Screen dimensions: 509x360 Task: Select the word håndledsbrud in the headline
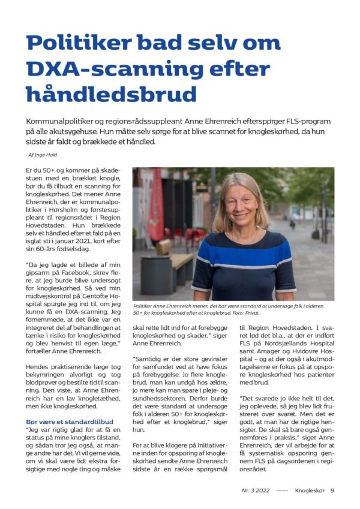[111, 95]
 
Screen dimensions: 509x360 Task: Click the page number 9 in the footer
[332, 490]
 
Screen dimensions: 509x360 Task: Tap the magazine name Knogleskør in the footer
[310, 490]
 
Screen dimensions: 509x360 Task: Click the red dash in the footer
[282, 490]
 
